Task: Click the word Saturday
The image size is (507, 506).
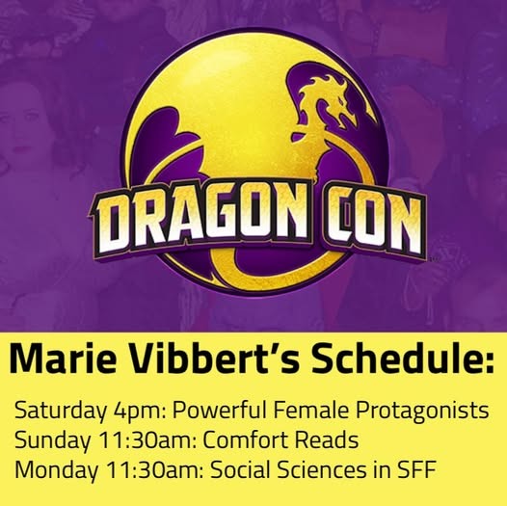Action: point(60,412)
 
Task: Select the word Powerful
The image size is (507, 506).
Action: point(219,411)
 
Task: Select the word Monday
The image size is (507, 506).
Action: point(56,471)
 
